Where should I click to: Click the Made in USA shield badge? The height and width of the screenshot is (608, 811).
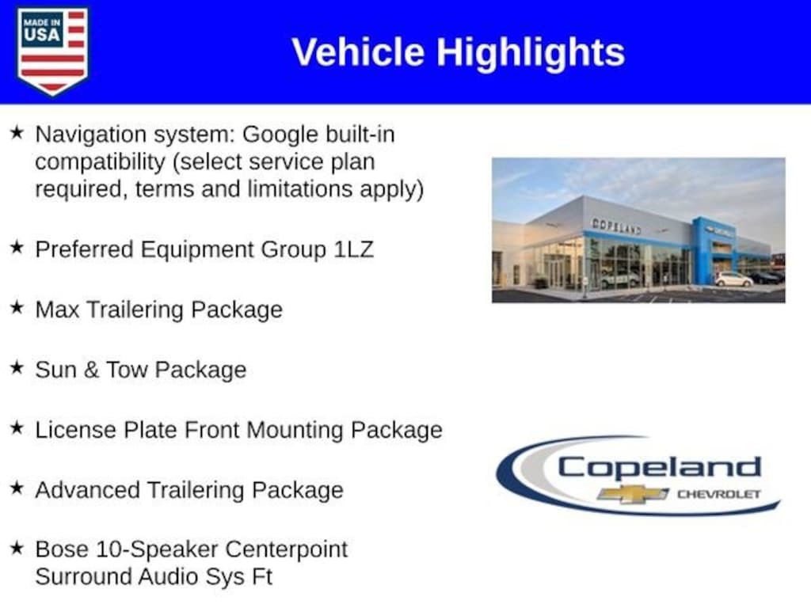point(52,51)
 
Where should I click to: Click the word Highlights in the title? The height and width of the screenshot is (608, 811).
point(531,53)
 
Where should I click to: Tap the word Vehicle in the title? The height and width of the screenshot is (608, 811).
point(358,52)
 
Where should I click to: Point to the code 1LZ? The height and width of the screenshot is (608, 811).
point(354,249)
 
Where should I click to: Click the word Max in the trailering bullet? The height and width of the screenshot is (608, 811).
point(57,310)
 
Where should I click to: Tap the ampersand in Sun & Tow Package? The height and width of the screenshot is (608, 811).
point(91,370)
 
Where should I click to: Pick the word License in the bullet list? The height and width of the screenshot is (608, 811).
point(75,430)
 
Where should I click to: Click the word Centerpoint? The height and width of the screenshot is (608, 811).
point(287,550)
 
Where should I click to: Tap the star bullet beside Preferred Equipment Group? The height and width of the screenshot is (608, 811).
point(17,247)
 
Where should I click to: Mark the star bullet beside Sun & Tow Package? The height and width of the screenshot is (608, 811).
point(17,367)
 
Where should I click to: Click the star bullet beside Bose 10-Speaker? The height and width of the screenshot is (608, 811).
point(17,547)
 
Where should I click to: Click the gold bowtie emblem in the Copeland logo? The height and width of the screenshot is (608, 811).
point(632,494)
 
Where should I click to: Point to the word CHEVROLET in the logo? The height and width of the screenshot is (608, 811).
point(719,494)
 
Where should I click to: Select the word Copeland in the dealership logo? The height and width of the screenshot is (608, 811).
point(659,469)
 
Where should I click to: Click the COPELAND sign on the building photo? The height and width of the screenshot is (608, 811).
point(616,226)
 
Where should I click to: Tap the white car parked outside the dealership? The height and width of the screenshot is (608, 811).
point(733,279)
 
